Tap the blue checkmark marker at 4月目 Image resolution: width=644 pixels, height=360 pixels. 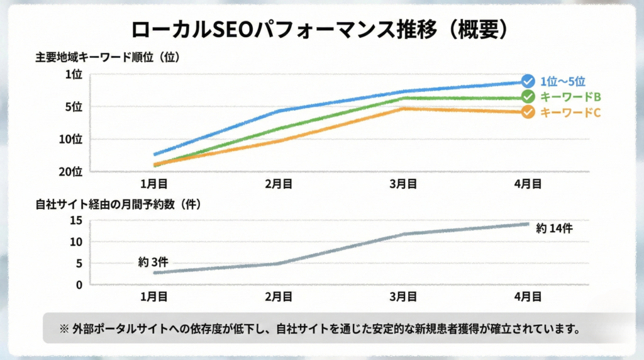528,82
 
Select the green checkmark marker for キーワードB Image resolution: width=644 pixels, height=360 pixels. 528,97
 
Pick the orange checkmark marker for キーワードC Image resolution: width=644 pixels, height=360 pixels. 528,112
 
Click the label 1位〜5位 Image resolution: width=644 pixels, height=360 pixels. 563,81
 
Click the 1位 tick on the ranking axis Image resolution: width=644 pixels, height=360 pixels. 74,75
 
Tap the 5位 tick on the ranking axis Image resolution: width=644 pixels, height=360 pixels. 74,107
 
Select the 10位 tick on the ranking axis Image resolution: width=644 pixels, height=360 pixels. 71,139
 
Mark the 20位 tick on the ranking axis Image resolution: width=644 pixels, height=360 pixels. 71,171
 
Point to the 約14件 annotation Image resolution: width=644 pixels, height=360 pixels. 554,228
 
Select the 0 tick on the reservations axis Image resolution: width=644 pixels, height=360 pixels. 79,284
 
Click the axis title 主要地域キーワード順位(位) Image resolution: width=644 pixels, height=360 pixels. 108,59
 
